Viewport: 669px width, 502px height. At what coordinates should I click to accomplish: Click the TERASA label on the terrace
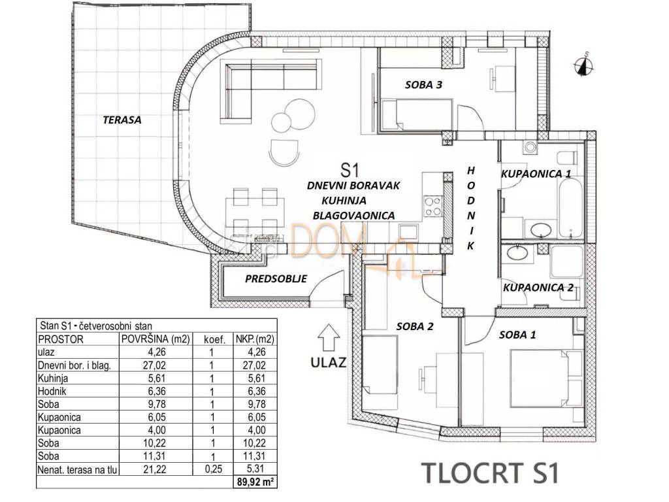122,120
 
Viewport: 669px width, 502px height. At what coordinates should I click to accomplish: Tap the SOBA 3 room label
423,84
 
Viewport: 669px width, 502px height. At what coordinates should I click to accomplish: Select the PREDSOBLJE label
276,278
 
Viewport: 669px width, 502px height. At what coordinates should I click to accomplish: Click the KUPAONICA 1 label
536,174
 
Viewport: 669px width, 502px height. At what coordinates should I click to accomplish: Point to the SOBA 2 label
415,327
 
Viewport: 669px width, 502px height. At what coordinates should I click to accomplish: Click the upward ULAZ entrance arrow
329,338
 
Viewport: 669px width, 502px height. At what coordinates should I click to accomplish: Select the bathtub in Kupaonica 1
570,209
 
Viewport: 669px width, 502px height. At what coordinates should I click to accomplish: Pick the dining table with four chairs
255,210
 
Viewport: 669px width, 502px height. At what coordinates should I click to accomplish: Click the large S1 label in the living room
350,171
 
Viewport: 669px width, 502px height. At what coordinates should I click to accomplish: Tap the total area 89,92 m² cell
255,482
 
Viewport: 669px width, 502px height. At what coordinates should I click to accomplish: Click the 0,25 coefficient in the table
214,469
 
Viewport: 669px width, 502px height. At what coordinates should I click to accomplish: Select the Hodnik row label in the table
52,391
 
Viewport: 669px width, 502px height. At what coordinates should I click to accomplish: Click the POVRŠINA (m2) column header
155,339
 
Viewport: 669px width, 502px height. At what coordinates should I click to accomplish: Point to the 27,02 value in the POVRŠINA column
155,365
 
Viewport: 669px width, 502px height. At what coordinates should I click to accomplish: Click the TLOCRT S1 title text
490,472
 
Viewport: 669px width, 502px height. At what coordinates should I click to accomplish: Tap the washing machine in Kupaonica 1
530,148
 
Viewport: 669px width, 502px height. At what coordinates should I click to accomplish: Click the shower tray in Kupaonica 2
567,261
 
